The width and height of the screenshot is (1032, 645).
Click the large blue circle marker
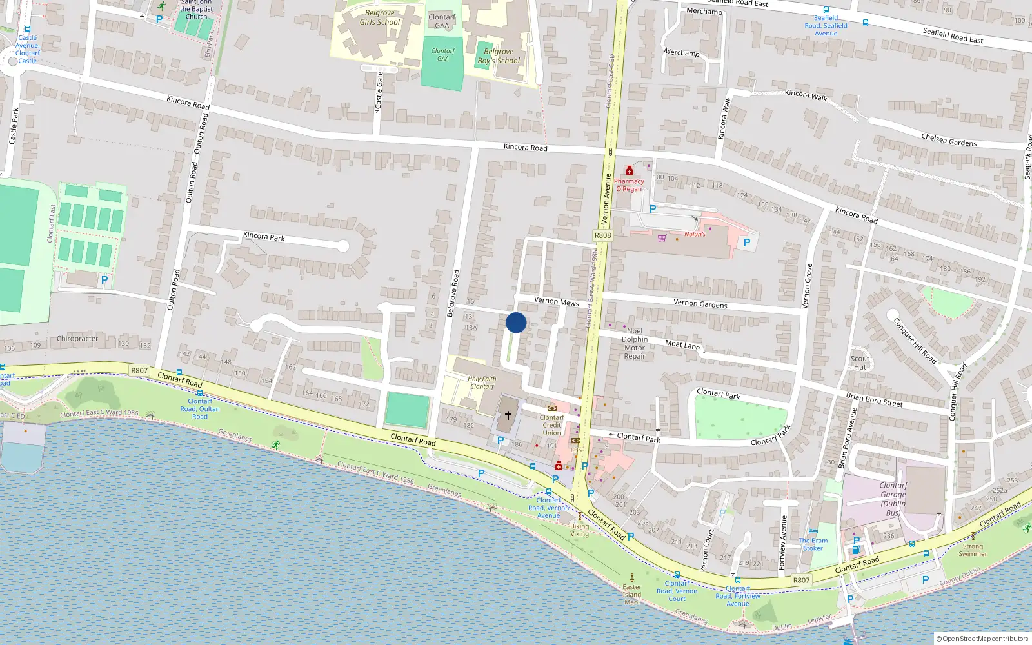pyautogui.click(x=516, y=322)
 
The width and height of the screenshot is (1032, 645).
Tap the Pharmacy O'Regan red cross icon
pyautogui.click(x=630, y=171)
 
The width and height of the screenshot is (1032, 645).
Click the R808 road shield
pyautogui.click(x=602, y=235)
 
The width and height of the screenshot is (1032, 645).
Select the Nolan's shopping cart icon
pyautogui.click(x=662, y=238)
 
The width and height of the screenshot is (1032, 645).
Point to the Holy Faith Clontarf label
pyautogui.click(x=482, y=383)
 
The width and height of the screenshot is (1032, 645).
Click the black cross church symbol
pyautogui.click(x=508, y=415)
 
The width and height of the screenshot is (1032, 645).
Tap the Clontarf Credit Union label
pyautogui.click(x=551, y=425)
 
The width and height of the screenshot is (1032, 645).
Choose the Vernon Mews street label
pyautogui.click(x=556, y=301)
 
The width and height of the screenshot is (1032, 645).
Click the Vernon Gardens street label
pyautogui.click(x=700, y=303)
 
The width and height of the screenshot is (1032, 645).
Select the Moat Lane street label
pyautogui.click(x=682, y=344)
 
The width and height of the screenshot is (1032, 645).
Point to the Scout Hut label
pyautogui.click(x=860, y=362)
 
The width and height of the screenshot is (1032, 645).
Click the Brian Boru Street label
pyautogui.click(x=874, y=399)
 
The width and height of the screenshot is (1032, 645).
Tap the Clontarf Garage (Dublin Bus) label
pyautogui.click(x=893, y=499)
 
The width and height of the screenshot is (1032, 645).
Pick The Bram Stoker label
pyautogui.click(x=813, y=544)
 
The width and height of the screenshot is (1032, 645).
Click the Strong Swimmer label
pyautogui.click(x=973, y=550)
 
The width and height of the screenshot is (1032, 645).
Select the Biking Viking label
pyautogui.click(x=579, y=530)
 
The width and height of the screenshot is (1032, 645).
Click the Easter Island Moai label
pyautogui.click(x=632, y=594)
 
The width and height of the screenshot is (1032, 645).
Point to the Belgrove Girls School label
pyautogui.click(x=379, y=17)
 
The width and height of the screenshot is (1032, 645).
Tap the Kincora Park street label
pyautogui.click(x=264, y=237)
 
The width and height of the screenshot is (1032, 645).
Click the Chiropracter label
pyautogui.click(x=77, y=339)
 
